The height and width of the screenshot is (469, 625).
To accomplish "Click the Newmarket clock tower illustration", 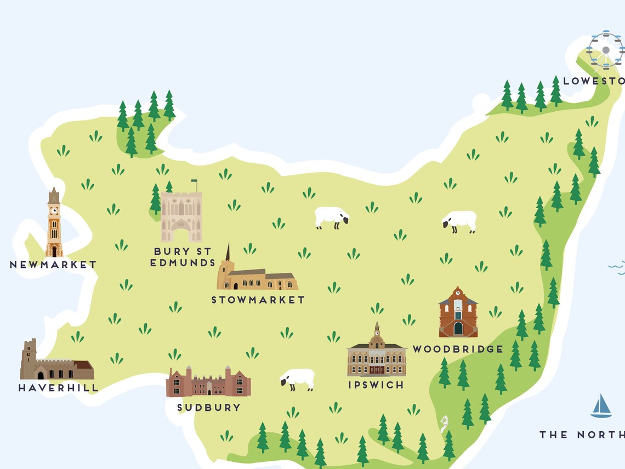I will pos(54,225).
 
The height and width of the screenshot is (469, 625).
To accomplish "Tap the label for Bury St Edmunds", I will pos(183,257).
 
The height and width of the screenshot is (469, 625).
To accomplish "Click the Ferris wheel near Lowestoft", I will pos(605,50).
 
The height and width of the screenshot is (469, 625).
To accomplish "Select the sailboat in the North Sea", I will pos(601,406).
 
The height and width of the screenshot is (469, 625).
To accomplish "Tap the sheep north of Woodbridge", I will pos(459,221).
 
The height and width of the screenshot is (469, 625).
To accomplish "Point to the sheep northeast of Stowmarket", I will pos(331,217).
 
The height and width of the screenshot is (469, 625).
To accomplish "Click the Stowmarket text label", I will pos(258,300).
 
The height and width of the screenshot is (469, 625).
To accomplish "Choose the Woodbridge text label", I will pos(458,349).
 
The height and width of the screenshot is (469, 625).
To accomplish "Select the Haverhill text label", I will pos(58,388).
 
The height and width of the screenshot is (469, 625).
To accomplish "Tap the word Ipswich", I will pos(376,385).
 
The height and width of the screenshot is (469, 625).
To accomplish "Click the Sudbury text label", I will pos(209,408).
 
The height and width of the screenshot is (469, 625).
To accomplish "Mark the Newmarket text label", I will pos(53,265).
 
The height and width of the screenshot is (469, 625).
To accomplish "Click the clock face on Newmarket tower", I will pos(54,209).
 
